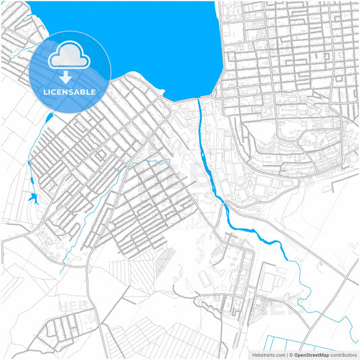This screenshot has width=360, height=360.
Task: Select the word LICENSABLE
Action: tap(70, 91)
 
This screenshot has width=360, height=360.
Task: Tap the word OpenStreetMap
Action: tap(311, 354)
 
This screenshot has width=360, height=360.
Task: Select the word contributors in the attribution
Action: tap(344, 354)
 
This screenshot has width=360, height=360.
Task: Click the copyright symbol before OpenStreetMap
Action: tap(290, 354)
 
